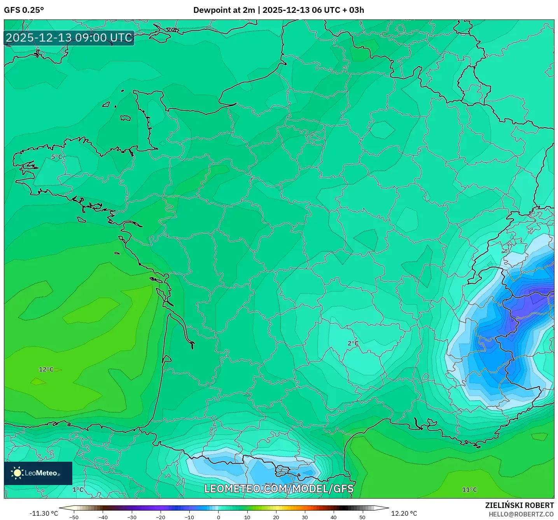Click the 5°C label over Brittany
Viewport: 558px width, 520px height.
point(57,157)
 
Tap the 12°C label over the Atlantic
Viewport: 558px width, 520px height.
point(46,369)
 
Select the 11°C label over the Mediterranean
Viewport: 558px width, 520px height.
point(469,490)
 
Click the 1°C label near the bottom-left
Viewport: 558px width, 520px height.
point(78,490)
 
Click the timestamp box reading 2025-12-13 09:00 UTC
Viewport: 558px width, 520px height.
point(69,38)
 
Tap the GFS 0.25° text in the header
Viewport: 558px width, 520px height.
point(24,10)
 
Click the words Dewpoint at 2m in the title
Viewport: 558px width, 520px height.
point(224,10)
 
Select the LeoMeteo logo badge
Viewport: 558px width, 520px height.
point(38,473)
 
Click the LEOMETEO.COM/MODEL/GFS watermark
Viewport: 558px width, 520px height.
point(279,489)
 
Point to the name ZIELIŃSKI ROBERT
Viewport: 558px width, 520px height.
point(519,505)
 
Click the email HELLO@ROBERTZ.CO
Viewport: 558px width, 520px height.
point(521,514)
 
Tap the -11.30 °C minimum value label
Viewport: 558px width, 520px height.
point(44,513)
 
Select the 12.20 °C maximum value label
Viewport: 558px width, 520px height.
point(404,513)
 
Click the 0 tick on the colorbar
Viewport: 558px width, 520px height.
point(219,517)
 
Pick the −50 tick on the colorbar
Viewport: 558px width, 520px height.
point(74,517)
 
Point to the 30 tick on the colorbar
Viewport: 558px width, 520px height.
point(305,517)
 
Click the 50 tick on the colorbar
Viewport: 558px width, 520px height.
point(362,517)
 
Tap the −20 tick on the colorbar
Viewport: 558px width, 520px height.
point(160,517)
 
